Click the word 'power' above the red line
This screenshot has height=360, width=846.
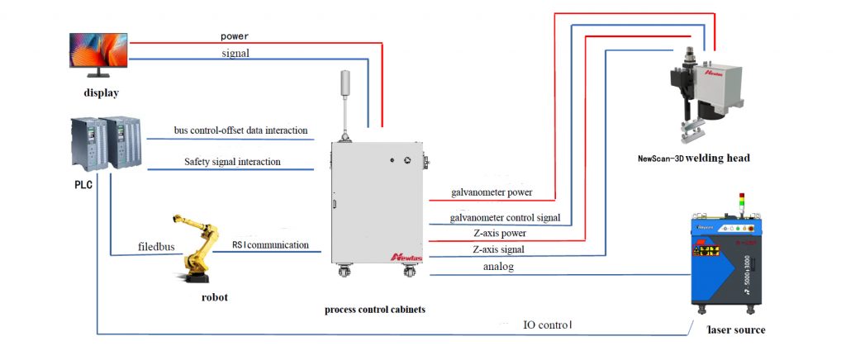(235, 36)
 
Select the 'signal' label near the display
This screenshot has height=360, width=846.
(235, 53)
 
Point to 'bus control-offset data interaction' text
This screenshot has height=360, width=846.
(240, 130)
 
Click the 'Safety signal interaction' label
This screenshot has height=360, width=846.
(232, 162)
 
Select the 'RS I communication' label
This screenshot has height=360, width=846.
(270, 244)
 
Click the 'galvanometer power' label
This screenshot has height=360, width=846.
(491, 192)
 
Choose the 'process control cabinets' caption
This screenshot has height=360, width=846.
(376, 310)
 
